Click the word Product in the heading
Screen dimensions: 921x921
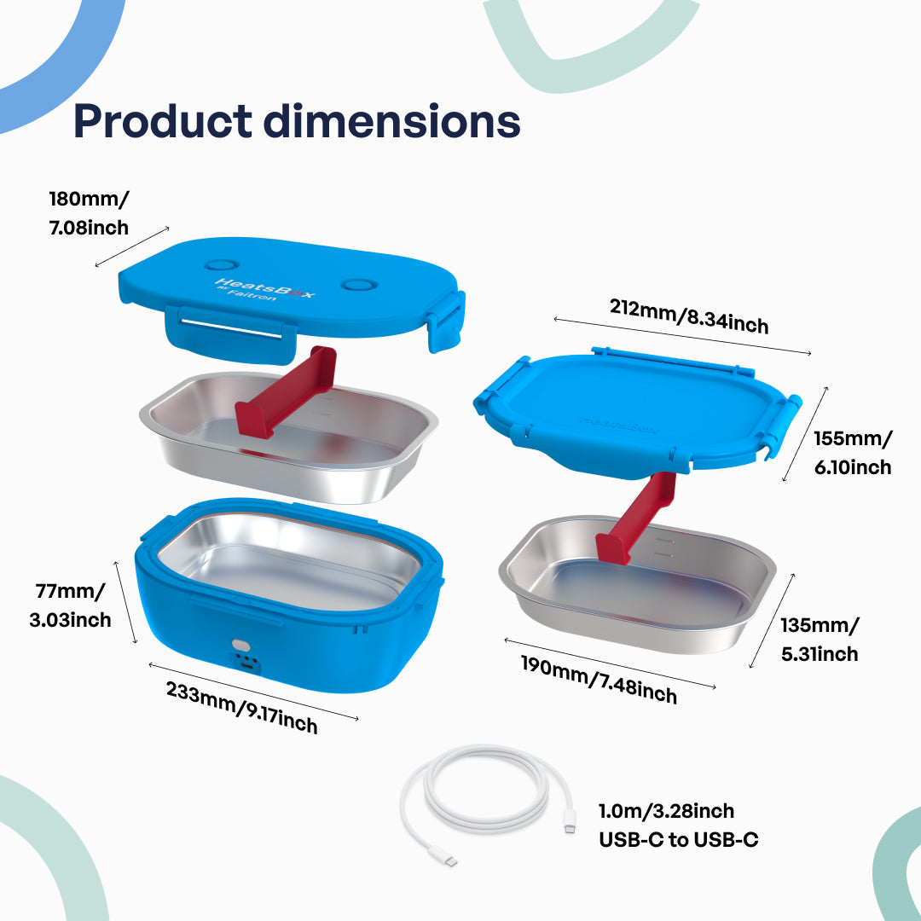click(163, 122)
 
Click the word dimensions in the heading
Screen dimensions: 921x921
click(391, 121)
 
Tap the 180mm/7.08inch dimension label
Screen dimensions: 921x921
click(89, 212)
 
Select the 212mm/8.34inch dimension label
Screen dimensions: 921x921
click(689, 316)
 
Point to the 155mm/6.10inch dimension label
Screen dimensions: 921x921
click(852, 452)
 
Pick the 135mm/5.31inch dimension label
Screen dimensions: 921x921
click(820, 639)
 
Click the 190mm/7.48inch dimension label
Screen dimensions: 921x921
click(600, 681)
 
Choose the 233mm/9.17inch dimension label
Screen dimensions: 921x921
click(241, 708)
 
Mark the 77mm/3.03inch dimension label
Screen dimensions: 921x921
click(71, 605)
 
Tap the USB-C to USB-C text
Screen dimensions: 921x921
click(679, 840)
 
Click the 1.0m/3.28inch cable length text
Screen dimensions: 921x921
click(666, 811)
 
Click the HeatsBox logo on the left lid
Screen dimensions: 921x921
click(265, 289)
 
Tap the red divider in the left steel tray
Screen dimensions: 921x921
click(286, 391)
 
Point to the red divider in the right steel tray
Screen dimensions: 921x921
click(636, 517)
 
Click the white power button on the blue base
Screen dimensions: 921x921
click(240, 646)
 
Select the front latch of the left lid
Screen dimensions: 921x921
click(231, 333)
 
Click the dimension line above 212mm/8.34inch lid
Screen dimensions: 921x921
click(682, 337)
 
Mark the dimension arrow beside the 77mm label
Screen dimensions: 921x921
click(125, 603)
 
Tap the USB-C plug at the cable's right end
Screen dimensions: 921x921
click(569, 821)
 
